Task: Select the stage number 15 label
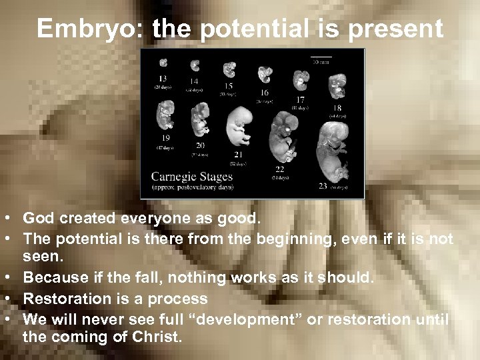(x=228, y=85)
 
